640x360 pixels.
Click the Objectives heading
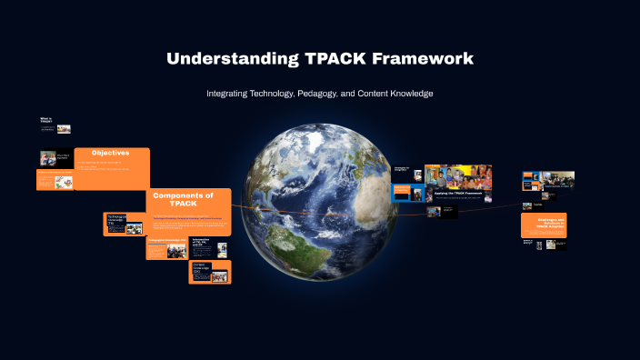[x=110, y=153]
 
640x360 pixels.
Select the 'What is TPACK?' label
[x=46, y=121]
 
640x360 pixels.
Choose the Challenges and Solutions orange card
[x=544, y=225]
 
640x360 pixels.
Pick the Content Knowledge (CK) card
[x=209, y=272]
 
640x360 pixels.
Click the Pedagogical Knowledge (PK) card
[x=166, y=248]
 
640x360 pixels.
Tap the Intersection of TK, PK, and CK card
[x=208, y=246]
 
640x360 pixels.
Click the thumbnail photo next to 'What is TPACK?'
[x=64, y=129]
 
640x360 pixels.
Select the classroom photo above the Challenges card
[x=558, y=180]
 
